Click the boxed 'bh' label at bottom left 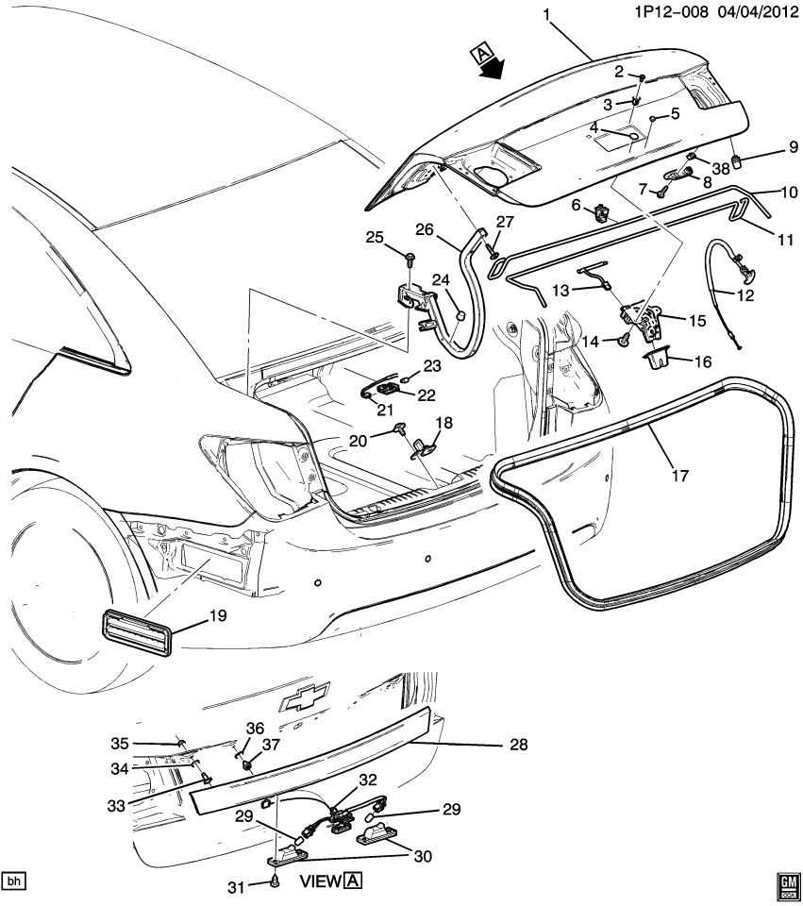[13, 881]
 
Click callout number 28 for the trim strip [518, 745]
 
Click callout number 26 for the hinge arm [423, 228]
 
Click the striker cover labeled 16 [656, 360]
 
